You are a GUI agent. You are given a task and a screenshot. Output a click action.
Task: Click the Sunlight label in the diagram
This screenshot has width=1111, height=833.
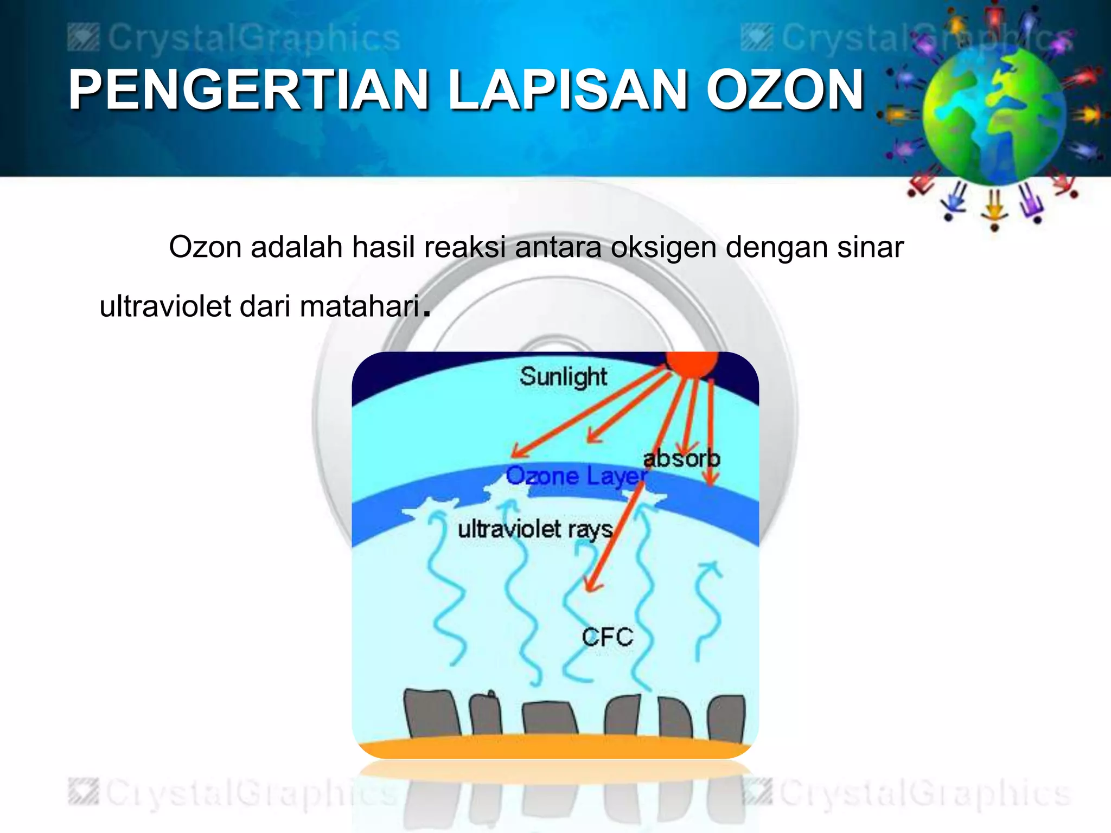563,377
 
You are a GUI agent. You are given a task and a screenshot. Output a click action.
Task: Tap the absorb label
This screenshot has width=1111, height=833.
681,459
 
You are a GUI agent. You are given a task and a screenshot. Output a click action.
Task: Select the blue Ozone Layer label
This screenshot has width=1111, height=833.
576,477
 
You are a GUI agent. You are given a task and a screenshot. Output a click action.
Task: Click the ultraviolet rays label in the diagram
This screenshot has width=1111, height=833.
535,529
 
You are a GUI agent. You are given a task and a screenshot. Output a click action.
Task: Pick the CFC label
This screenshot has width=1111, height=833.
607,637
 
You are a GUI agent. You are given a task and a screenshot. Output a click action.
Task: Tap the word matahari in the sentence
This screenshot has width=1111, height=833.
360,306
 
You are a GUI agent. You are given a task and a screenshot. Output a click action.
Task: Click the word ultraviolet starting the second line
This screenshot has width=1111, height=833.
165,306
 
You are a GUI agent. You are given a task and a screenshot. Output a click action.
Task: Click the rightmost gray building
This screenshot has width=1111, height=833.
726,718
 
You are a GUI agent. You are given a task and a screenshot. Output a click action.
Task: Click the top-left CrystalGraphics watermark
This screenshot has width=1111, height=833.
234,39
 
